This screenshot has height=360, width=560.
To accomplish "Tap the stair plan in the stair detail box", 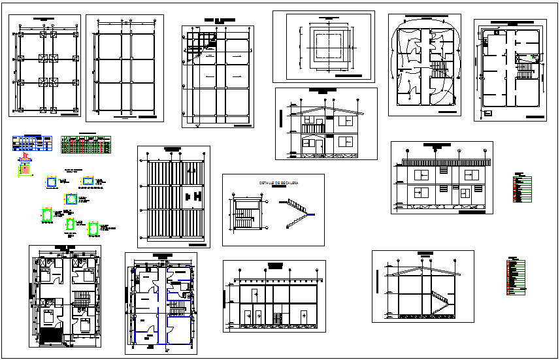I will tap(244, 213).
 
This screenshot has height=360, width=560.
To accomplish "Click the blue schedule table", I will tap(31, 143).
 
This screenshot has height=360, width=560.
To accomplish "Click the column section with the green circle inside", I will tap(71, 198).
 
